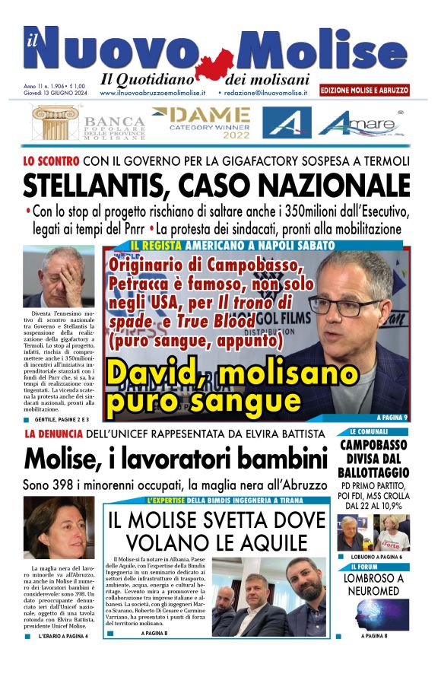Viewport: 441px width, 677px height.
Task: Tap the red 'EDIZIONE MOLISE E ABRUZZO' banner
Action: pos(364,90)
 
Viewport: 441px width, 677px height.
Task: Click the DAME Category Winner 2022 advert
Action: pos(201,122)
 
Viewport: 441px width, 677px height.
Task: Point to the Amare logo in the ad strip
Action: pos(364,122)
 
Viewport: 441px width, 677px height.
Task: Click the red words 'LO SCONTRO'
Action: pos(50,161)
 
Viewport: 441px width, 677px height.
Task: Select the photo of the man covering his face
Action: pos(59,276)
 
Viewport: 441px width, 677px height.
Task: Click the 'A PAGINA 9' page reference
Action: pos(392,418)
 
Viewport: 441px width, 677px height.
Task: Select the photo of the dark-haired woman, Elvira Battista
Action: pos(59,527)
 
